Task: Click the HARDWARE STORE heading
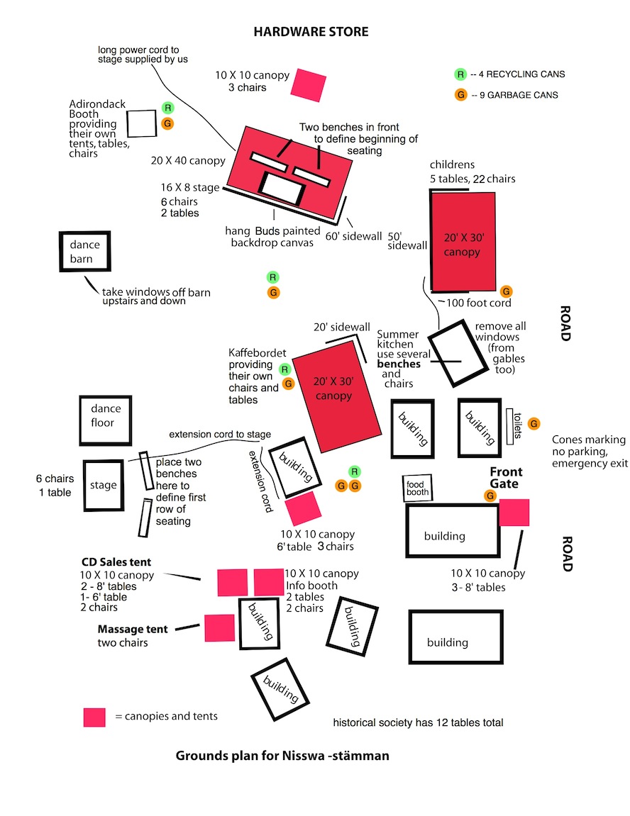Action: [311, 32]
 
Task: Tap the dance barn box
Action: [85, 252]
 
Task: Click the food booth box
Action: [416, 488]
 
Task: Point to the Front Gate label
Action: [506, 478]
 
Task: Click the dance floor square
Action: [106, 416]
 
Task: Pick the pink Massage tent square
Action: [219, 628]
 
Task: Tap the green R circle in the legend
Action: [460, 74]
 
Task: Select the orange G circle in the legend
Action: [460, 95]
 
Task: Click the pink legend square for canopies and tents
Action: [94, 717]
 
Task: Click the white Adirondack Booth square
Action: [141, 123]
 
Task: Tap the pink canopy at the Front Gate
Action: [514, 513]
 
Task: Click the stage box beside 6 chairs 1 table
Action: [104, 486]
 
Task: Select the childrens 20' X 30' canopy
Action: [463, 241]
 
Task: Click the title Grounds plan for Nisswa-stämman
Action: [282, 756]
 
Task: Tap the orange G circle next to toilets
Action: [534, 424]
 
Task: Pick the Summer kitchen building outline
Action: [459, 355]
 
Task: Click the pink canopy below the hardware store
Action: [308, 84]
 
